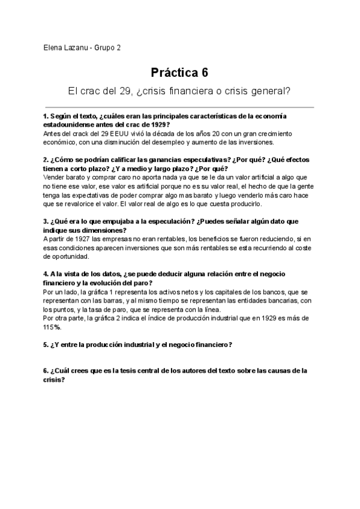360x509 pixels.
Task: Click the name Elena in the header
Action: [x=53, y=48]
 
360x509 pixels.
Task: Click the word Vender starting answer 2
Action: [x=55, y=178]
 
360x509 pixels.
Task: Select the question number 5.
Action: [x=46, y=345]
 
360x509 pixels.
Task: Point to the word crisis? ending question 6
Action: [x=53, y=380]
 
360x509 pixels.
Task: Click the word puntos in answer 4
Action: [x=64, y=310]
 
